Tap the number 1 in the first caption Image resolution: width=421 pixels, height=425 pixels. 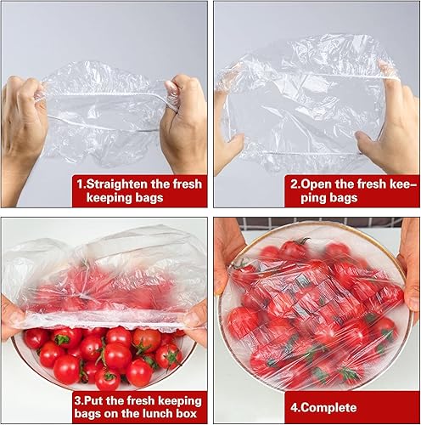coord(81,182)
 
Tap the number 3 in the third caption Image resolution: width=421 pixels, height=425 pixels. coord(78,398)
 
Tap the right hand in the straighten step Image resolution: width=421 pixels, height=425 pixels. coord(185,127)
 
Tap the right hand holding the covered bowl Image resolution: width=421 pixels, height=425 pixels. coord(408,263)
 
